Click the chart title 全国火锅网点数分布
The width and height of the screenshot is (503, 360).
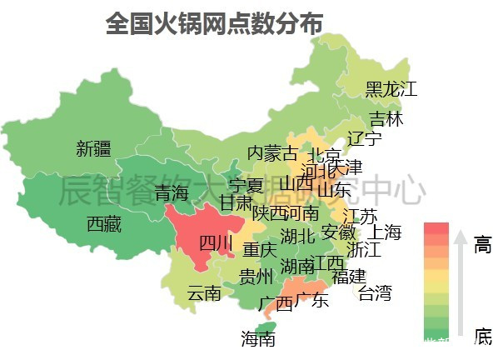point(214,23)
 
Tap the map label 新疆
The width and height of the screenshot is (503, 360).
point(93,149)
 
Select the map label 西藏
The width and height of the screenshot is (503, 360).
point(104,223)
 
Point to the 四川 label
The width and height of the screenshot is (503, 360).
point(216,243)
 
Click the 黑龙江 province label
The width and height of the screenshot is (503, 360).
point(391,88)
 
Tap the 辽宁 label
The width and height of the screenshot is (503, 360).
point(365,137)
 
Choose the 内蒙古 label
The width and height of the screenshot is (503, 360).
point(271,153)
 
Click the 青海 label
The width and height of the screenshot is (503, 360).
point(172,194)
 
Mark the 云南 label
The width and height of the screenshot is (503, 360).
point(203,292)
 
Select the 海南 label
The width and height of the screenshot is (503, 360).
point(258,338)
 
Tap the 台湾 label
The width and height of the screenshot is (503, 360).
point(375,292)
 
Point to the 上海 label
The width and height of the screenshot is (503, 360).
point(385,232)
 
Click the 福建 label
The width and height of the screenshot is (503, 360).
point(348,275)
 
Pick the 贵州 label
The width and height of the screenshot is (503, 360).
point(256,276)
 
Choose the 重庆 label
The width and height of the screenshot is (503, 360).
point(259,249)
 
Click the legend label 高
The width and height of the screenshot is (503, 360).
point(483,244)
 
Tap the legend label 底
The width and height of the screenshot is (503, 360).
point(483,336)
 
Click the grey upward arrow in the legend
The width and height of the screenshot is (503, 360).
point(460,283)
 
